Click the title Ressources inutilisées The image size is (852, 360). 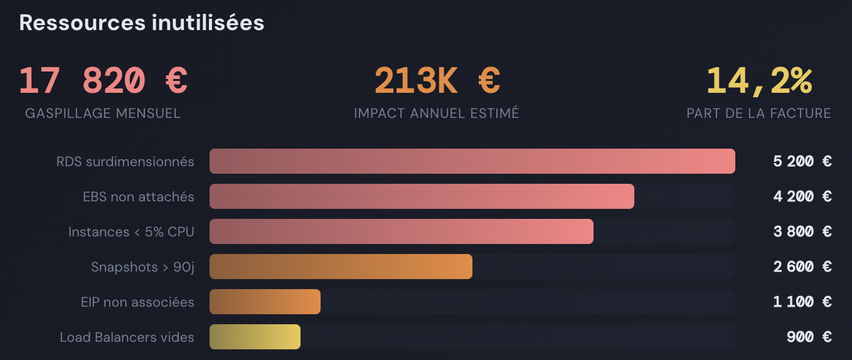click(x=142, y=23)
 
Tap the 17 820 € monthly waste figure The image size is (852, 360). click(x=103, y=80)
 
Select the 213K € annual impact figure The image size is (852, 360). click(x=437, y=80)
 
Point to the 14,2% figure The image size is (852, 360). click(x=759, y=80)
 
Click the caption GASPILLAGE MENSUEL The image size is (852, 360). click(x=103, y=114)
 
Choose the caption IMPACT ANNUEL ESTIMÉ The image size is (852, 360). click(x=437, y=114)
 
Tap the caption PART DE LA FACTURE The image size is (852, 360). click(x=759, y=114)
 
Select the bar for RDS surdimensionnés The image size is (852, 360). click(x=472, y=161)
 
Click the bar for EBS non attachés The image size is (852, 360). click(x=422, y=196)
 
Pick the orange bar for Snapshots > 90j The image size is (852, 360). click(x=341, y=267)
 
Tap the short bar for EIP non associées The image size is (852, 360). click(x=265, y=302)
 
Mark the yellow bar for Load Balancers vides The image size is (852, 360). click(x=255, y=337)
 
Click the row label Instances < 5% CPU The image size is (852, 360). click(x=131, y=232)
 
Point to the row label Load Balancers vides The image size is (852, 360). click(x=127, y=337)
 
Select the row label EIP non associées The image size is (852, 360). click(x=137, y=302)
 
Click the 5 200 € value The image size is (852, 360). click(x=802, y=162)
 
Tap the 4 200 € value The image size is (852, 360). click(x=802, y=197)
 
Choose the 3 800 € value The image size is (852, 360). click(x=802, y=232)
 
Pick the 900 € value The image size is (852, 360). click(x=809, y=337)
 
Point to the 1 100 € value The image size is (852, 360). click(x=802, y=302)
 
